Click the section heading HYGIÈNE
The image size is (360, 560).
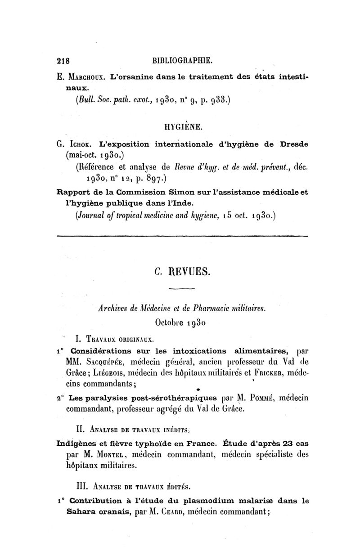(x=182, y=129)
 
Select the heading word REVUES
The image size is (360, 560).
(x=193, y=272)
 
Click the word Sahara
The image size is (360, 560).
(x=82, y=511)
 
